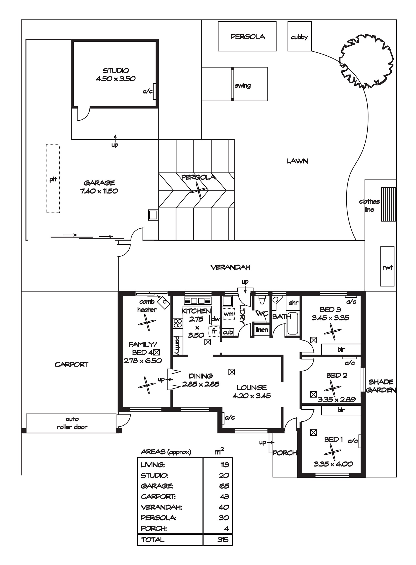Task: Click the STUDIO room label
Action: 116,71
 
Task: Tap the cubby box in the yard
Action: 300,36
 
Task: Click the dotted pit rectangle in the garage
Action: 53,179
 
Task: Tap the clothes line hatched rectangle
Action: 388,204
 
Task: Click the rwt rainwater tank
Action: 387,266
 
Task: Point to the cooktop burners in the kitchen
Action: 178,323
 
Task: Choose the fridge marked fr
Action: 214,331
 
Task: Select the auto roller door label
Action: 72,423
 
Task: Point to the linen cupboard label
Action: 262,330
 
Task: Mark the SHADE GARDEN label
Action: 381,386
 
